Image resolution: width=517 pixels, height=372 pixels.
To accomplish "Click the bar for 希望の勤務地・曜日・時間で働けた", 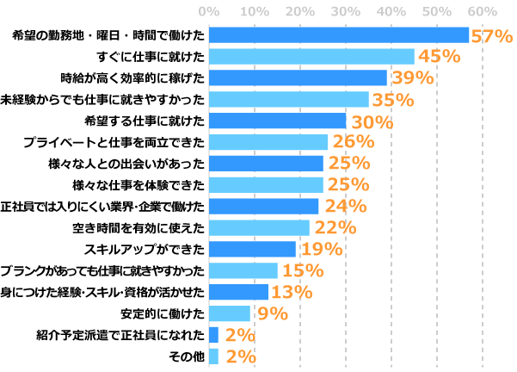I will point(338,35).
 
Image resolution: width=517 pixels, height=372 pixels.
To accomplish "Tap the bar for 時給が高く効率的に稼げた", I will point(298,78).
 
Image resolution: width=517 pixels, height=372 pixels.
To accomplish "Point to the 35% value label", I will point(392,100).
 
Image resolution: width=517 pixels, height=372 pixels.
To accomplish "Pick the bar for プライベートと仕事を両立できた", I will point(268,142).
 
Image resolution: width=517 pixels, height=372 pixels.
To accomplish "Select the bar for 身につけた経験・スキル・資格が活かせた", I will point(238,292).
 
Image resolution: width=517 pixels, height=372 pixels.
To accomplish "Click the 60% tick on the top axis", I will point(483,11).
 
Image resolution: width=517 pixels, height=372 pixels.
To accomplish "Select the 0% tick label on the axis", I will point(209,11).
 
